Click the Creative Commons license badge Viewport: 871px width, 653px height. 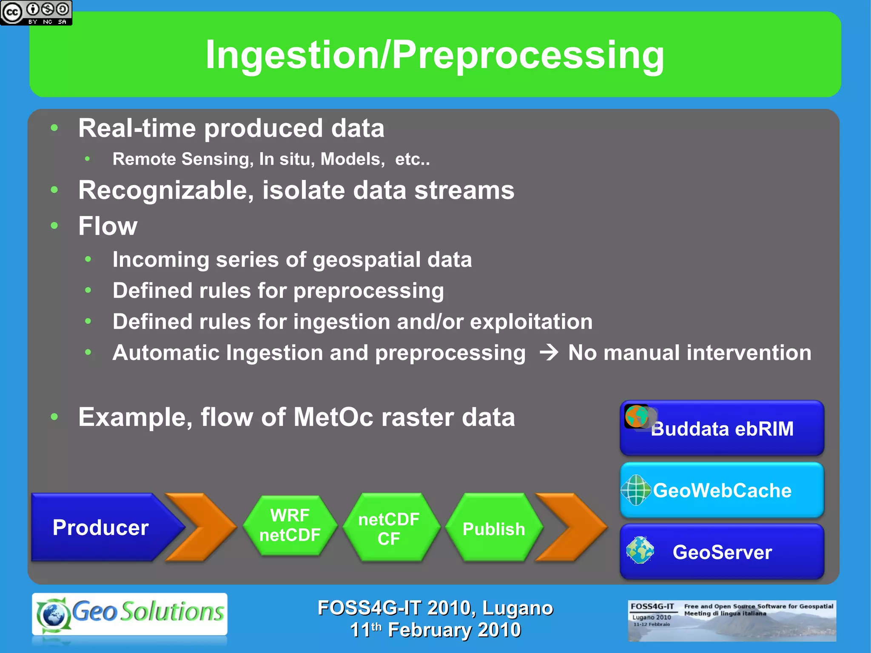[x=36, y=12]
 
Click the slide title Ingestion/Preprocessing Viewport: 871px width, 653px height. [x=435, y=55]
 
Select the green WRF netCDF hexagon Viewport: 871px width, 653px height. [x=290, y=525]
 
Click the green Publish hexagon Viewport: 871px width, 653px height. [x=494, y=528]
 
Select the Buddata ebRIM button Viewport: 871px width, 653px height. [x=722, y=428]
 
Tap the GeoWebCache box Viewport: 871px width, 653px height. [x=722, y=490]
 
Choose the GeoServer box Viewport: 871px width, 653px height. [x=722, y=552]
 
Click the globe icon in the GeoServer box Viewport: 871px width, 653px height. [x=640, y=550]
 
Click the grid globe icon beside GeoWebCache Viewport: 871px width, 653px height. [x=636, y=490]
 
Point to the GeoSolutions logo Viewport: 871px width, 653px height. [x=130, y=614]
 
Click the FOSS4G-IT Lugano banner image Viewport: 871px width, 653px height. [x=732, y=621]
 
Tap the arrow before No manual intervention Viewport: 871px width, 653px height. [x=549, y=353]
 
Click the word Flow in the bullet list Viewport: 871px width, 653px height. [x=108, y=226]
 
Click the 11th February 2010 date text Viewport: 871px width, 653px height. [x=435, y=630]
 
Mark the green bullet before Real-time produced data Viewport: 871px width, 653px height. [x=54, y=128]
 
